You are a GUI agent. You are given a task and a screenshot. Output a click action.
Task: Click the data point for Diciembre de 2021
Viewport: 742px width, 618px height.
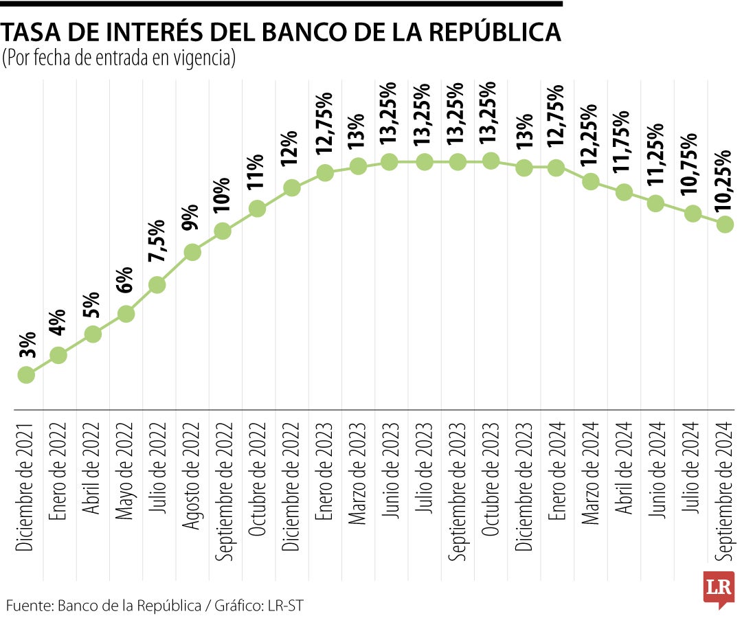pyautogui.click(x=26, y=375)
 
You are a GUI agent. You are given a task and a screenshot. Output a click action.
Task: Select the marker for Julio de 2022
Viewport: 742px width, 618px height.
pyautogui.click(x=157, y=285)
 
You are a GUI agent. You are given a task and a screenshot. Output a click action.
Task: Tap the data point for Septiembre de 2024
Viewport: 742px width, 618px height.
pyautogui.click(x=725, y=225)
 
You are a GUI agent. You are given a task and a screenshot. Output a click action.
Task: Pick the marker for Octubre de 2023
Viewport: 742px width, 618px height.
pyautogui.click(x=490, y=161)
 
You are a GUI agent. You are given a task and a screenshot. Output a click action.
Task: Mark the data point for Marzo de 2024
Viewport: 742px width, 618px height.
pyautogui.click(x=589, y=182)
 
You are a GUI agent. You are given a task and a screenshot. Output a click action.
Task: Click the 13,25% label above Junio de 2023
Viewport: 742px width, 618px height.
pyautogui.click(x=389, y=114)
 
